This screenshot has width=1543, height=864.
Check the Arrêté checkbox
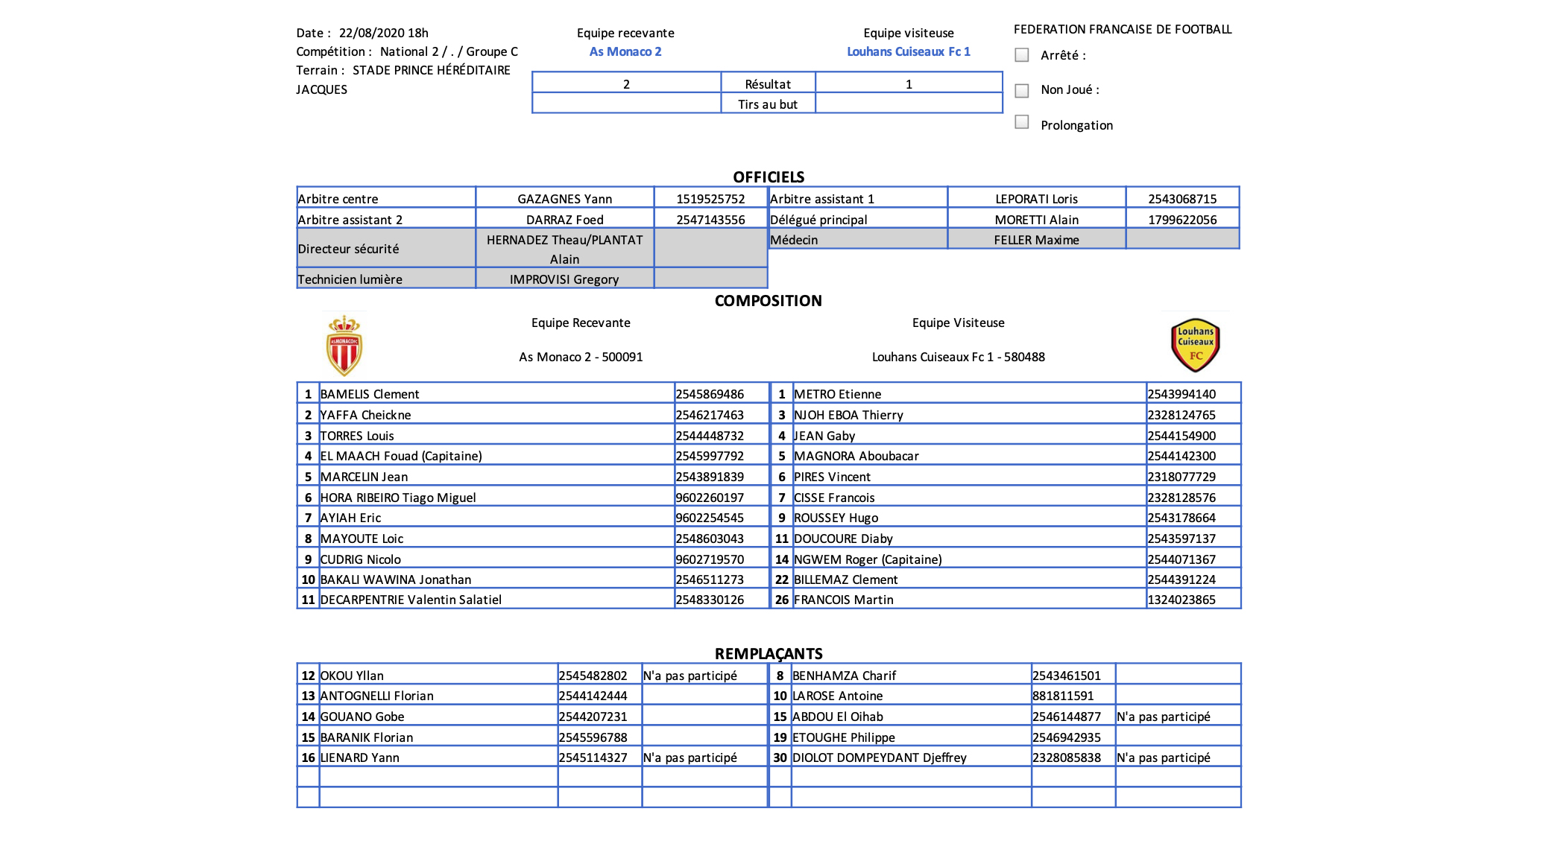1022,55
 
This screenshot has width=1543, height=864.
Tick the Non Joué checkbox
1022,91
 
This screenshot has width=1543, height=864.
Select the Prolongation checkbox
1022,122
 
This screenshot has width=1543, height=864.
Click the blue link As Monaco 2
625,51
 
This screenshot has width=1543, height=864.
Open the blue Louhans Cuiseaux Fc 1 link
909,51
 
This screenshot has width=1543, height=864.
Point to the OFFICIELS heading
769,177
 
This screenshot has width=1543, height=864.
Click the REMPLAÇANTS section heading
769,654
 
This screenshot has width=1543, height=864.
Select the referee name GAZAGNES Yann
565,199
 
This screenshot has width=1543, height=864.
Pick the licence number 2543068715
1182,199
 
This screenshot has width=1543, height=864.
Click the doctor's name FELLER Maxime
1036,240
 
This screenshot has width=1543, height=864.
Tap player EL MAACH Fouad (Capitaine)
401,456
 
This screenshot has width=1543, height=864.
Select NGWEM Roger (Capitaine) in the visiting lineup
868,559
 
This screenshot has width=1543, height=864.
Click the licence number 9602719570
710,559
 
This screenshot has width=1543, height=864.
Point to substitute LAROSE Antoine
837,696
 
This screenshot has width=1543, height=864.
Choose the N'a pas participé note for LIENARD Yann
690,757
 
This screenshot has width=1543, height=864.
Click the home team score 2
626,84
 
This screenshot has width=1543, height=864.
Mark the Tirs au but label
768,104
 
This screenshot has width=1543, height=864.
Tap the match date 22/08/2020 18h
384,33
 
